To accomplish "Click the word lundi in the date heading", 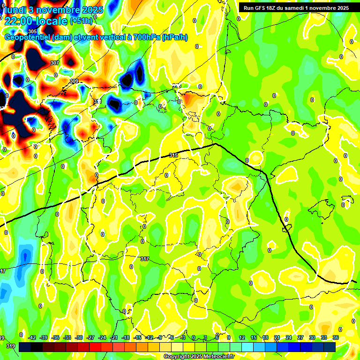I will click(15, 9).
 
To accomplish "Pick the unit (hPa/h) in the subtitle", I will click(174, 37).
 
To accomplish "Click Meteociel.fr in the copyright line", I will click(217, 357).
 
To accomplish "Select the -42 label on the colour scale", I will click(32, 337).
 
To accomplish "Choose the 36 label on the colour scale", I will click(336, 337).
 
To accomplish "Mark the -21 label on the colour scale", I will click(114, 337).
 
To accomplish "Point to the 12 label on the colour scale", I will click(241, 337).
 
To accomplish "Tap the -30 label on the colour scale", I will click(79, 337).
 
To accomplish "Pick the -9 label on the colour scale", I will click(160, 337).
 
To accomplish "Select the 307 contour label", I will click(55, 63).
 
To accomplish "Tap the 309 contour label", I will click(74, 82).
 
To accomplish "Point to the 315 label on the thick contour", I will click(173, 155).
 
